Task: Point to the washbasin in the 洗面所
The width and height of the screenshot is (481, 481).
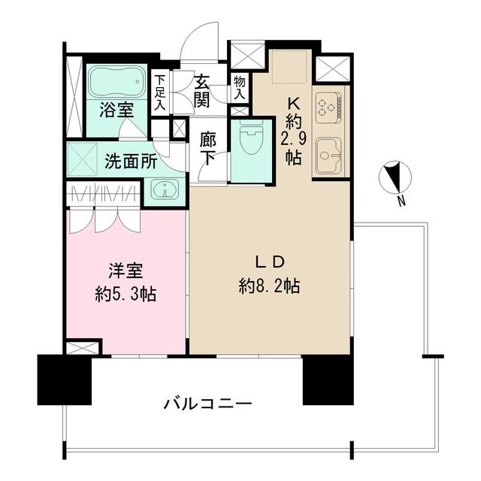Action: [163, 189]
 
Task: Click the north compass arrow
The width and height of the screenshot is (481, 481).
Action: [393, 179]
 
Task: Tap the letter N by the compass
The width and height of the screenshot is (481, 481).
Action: [402, 201]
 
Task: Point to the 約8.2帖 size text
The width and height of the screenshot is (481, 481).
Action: [271, 286]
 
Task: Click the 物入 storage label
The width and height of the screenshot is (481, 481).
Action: [239, 87]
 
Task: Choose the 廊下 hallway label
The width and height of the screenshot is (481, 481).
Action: [210, 149]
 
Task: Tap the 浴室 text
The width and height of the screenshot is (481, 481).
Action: [117, 110]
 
